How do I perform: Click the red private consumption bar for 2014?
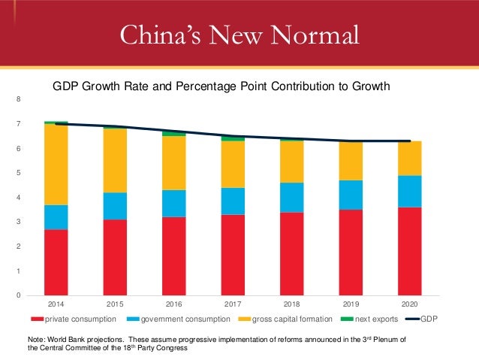click(x=56, y=262)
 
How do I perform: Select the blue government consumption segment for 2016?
click(x=174, y=203)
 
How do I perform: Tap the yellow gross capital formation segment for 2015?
click(x=115, y=160)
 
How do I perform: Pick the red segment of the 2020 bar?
click(x=409, y=250)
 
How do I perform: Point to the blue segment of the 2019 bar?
click(x=351, y=195)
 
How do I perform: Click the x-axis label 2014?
click(x=56, y=305)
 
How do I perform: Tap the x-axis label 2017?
click(x=233, y=305)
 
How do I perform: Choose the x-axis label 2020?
click(x=409, y=305)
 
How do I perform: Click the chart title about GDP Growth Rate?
click(x=221, y=86)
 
